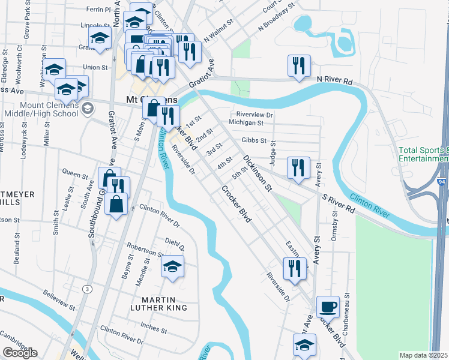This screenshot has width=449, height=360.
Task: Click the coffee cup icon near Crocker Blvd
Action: (328, 307)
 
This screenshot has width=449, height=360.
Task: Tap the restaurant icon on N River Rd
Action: (299, 67)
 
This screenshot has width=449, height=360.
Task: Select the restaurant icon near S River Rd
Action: (298, 168)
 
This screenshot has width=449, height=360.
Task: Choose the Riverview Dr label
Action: (255, 114)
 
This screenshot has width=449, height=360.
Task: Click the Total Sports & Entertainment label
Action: (423, 154)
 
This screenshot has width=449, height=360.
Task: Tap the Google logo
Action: (20, 353)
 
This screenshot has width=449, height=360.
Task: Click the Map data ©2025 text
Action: (424, 355)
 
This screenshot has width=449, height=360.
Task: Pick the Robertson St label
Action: (145, 250)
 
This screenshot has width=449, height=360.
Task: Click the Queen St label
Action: (76, 174)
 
